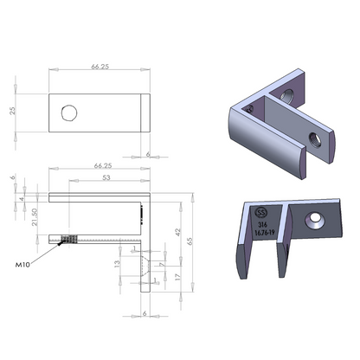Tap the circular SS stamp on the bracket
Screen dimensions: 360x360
tap(262, 211)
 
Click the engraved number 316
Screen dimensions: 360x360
tap(262, 223)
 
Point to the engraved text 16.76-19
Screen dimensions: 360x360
tap(265, 233)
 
